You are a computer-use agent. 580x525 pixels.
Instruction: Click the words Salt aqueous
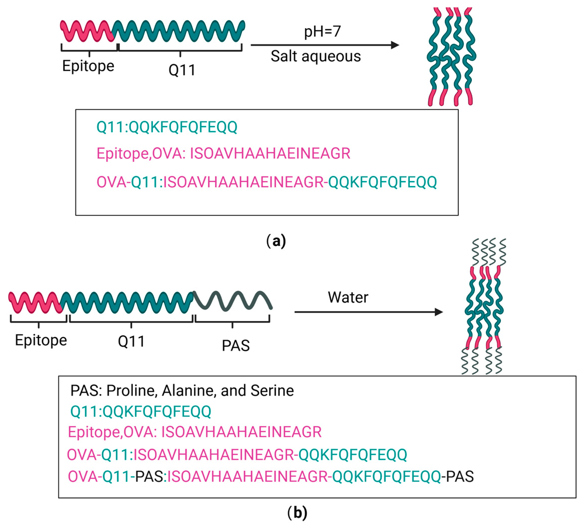pyautogui.click(x=316, y=56)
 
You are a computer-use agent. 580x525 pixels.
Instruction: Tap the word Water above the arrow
pyautogui.click(x=348, y=297)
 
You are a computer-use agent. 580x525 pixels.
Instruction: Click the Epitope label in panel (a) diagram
pyautogui.click(x=88, y=66)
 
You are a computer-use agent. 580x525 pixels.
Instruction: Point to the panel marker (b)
pyautogui.click(x=297, y=513)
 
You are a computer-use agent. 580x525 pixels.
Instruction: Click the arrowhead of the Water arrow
pyautogui.click(x=439, y=312)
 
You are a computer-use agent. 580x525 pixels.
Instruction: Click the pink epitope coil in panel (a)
pyautogui.click(x=86, y=31)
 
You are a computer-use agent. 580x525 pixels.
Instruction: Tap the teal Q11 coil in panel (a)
pyautogui.click(x=178, y=31)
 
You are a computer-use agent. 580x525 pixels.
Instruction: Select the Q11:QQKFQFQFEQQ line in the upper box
pyautogui.click(x=167, y=127)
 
